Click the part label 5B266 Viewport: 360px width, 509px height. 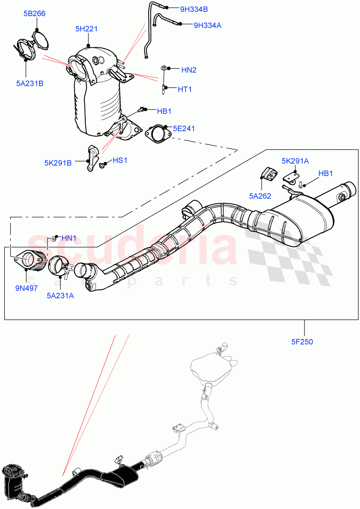(x=34, y=14)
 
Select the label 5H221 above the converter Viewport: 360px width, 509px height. (x=87, y=29)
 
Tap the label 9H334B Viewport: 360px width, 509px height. (x=194, y=8)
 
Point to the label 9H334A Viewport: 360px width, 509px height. (x=207, y=25)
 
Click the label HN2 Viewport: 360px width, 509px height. (x=189, y=70)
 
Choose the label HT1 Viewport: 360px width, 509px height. (x=185, y=89)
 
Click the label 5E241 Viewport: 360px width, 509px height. (x=184, y=128)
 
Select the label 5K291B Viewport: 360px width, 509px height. (x=58, y=162)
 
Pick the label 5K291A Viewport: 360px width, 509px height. (x=295, y=161)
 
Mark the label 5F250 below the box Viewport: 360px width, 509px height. (x=302, y=341)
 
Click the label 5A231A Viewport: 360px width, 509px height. (x=60, y=295)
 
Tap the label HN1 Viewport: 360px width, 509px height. (x=69, y=238)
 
